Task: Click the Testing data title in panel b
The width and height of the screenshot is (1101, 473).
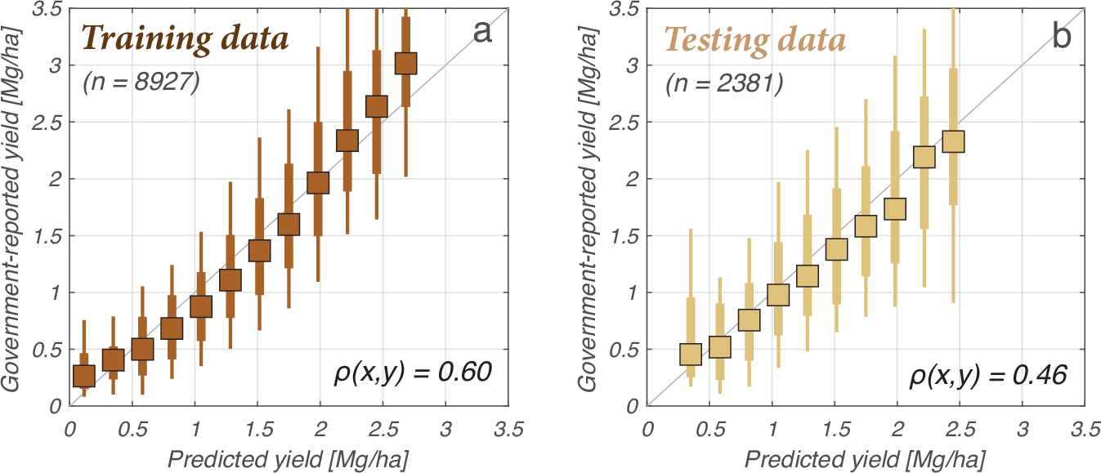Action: pos(754,39)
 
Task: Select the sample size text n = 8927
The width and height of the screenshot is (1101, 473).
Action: pos(140,83)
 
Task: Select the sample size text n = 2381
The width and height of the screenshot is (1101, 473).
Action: pos(720,83)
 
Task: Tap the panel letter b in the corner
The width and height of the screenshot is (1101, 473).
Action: pos(1060,33)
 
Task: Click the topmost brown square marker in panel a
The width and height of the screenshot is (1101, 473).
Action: pos(406,63)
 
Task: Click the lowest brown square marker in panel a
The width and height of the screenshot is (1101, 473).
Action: pos(83,375)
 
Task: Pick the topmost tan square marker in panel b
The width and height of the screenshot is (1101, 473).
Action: pos(953,141)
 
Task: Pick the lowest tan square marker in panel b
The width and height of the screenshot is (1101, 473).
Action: pos(691,354)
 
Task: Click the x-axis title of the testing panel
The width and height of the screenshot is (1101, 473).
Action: pos(865,458)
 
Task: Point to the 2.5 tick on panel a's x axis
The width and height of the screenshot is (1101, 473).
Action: pos(383,427)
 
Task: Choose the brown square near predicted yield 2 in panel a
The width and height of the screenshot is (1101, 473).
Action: pos(317,182)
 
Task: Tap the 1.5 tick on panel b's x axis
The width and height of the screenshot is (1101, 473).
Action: pos(835,427)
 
